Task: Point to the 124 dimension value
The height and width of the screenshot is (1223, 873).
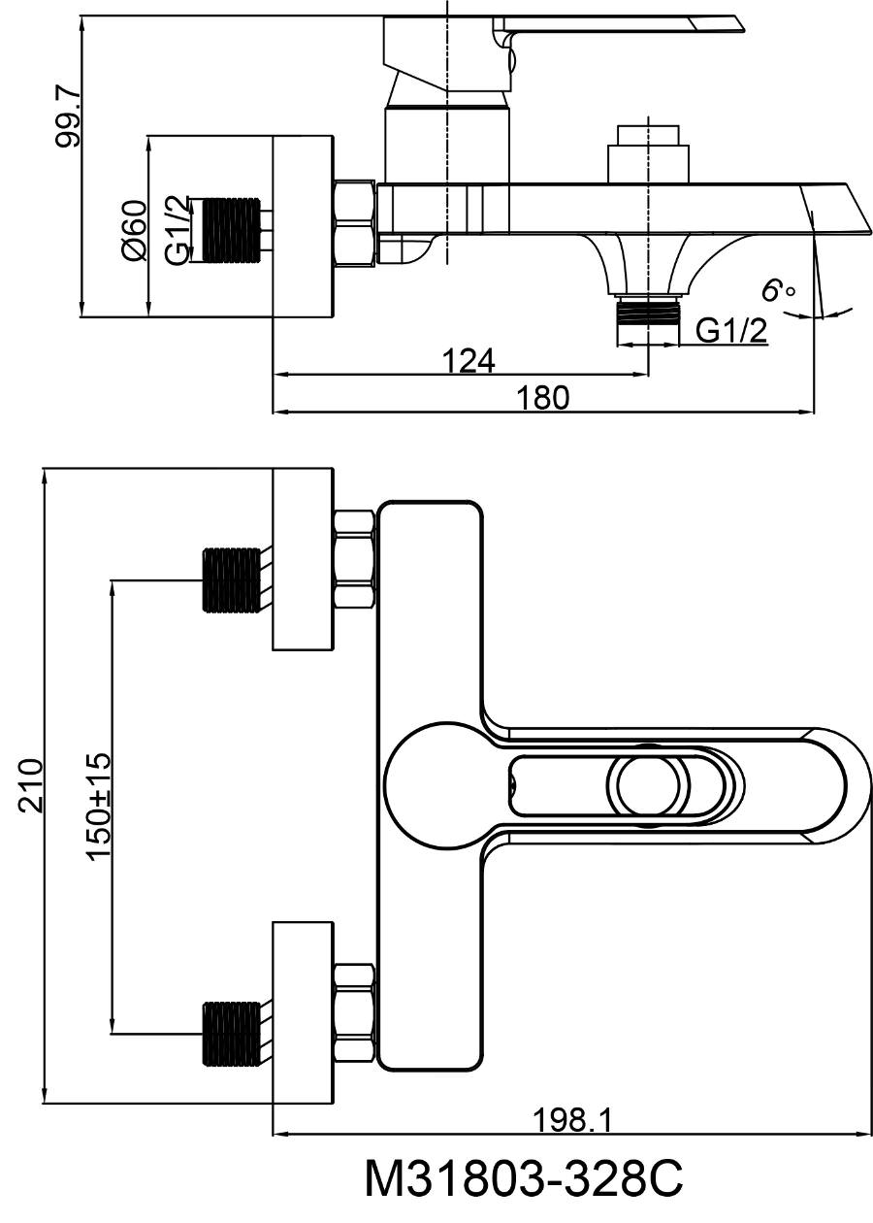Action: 468,360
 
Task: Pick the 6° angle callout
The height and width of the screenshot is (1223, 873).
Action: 778,290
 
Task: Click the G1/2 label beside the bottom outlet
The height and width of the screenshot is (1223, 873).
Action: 731,330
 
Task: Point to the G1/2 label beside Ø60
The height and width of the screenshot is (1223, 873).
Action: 178,231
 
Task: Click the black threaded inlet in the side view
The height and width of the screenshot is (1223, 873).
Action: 230,228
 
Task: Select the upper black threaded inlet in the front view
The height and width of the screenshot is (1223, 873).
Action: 230,579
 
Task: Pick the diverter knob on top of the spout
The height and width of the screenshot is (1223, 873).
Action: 648,154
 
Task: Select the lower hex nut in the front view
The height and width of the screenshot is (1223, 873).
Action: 354,1010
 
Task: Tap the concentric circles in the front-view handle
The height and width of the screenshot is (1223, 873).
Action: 650,785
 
